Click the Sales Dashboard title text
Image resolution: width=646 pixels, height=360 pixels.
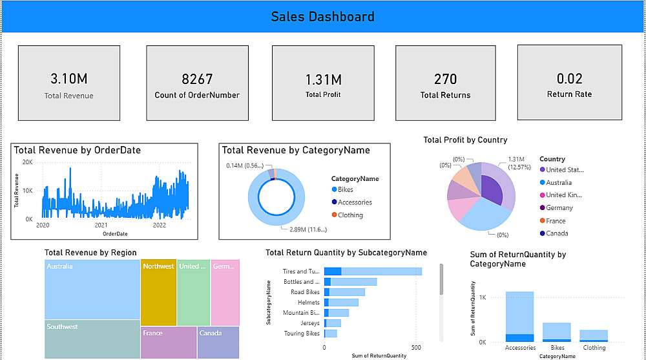click(322, 17)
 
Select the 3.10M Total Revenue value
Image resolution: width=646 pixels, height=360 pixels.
click(68, 79)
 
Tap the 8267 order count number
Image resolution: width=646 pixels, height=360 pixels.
click(197, 79)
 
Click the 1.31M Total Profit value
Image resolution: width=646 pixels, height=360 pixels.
click(324, 79)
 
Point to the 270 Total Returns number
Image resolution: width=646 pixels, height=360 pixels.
click(445, 79)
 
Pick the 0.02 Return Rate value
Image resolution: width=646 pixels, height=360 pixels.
click(569, 79)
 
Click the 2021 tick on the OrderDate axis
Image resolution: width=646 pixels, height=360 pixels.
click(101, 226)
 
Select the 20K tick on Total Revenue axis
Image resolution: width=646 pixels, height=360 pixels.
click(28, 162)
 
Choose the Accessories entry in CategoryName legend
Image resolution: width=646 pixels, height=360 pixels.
click(355, 202)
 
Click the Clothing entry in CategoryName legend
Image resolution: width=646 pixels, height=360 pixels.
click(350, 215)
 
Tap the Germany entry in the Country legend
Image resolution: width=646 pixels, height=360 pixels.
click(559, 208)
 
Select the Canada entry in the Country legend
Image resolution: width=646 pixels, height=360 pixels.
click(557, 233)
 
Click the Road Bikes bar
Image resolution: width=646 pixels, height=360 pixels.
click(344, 292)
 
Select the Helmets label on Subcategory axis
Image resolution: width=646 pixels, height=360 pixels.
click(308, 302)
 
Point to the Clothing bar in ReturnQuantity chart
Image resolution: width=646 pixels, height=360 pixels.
click(594, 335)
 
